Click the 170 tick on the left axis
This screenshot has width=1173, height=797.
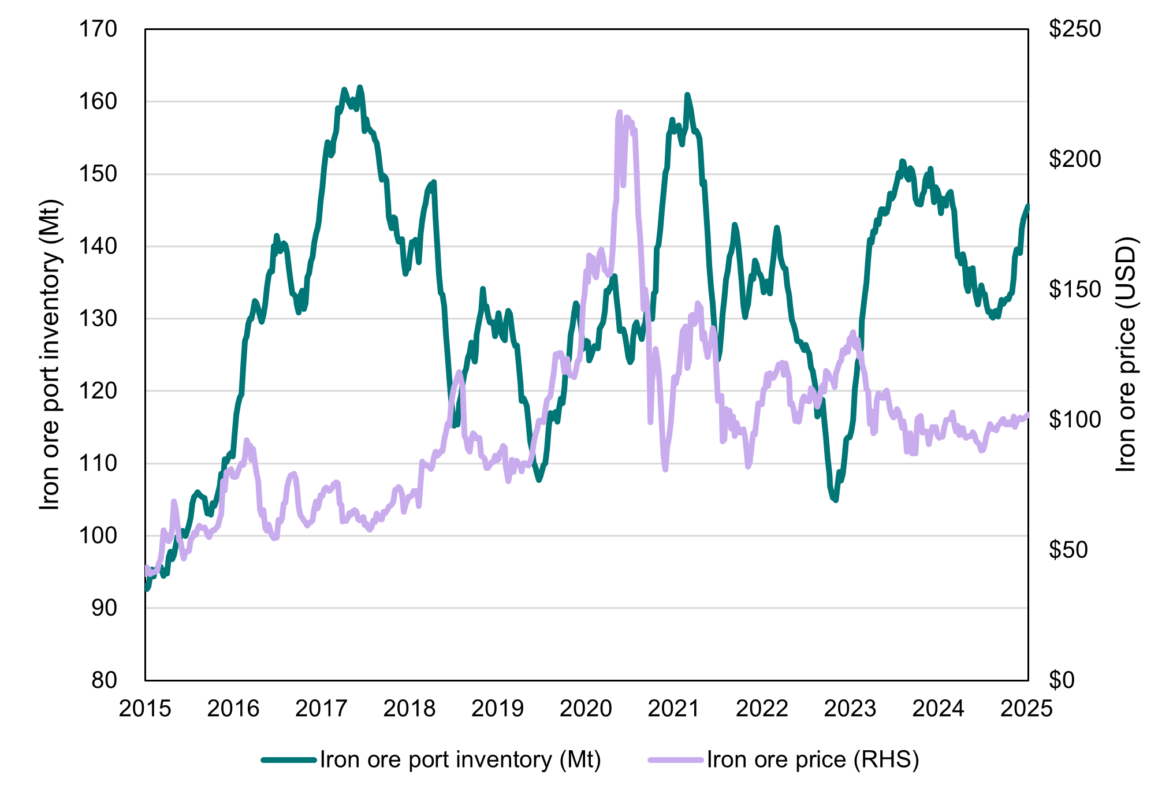tap(98, 29)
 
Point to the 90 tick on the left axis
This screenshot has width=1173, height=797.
tap(104, 608)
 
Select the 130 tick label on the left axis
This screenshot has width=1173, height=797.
tap(98, 318)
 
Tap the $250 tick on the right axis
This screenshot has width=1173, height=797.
tap(1075, 29)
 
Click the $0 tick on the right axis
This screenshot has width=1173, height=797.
tap(1062, 680)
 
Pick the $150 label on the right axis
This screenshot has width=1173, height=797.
tap(1075, 289)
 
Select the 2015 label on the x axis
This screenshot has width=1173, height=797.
tap(145, 709)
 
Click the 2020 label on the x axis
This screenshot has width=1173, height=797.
tap(586, 709)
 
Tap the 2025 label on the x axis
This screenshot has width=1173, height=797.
tap(1026, 709)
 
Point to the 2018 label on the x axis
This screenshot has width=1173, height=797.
tap(409, 709)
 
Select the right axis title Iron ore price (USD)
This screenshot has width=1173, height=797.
tap(1125, 355)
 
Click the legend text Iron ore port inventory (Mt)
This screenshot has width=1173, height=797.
tap(460, 759)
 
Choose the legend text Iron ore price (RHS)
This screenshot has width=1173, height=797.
tap(813, 759)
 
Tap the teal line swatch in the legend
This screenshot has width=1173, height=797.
tap(289, 760)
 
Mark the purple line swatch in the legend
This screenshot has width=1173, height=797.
tap(676, 760)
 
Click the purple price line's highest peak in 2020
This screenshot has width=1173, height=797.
tap(620, 112)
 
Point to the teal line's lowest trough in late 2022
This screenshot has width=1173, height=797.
tap(835, 500)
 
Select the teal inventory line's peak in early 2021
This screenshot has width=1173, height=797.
tap(687, 94)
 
